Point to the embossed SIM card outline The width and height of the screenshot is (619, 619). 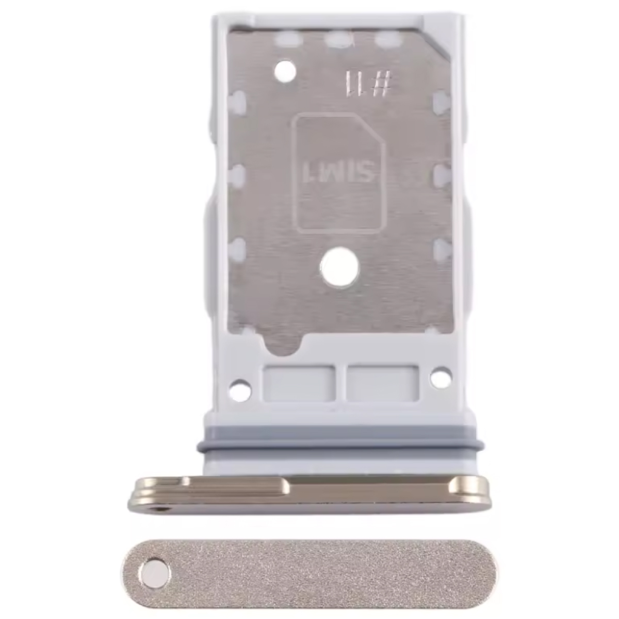pyautogui.click(x=341, y=174)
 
